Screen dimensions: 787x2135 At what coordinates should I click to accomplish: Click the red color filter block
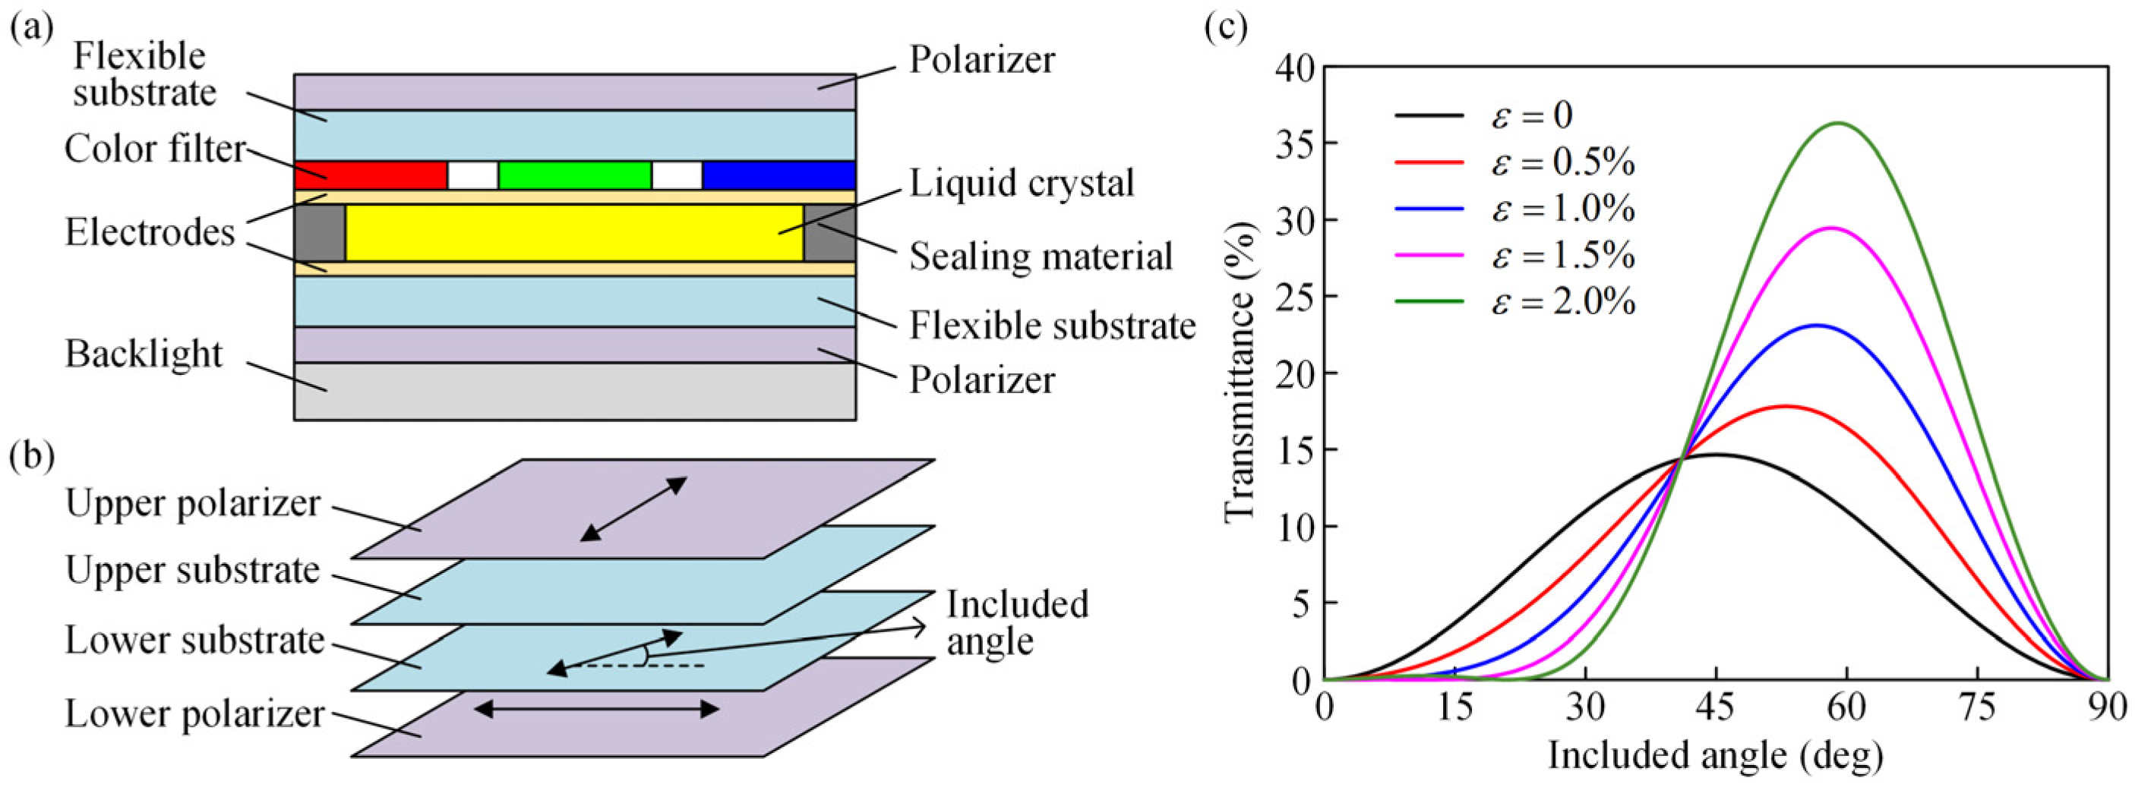[371, 175]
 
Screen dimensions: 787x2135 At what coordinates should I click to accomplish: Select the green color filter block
[574, 175]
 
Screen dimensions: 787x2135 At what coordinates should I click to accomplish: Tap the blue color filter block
[779, 175]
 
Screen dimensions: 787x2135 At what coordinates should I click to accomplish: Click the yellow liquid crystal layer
[573, 233]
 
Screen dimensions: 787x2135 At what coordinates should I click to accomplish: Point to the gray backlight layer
[573, 391]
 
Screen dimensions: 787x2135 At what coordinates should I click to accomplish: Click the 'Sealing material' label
[1041, 256]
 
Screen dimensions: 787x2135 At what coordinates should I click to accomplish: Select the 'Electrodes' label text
[150, 233]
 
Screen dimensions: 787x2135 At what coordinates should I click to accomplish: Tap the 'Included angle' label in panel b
[1017, 623]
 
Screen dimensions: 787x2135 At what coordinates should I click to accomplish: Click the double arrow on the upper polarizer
[633, 508]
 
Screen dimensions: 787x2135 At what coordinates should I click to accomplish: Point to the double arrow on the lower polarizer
[596, 709]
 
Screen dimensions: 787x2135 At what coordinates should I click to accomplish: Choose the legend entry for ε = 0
[1483, 116]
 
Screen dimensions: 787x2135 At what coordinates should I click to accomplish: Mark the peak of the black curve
[1716, 455]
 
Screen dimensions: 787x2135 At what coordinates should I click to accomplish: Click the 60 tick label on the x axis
[1846, 709]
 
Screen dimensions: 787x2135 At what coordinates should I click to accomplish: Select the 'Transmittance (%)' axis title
[1241, 373]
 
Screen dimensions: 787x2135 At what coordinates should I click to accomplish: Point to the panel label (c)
[1225, 28]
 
